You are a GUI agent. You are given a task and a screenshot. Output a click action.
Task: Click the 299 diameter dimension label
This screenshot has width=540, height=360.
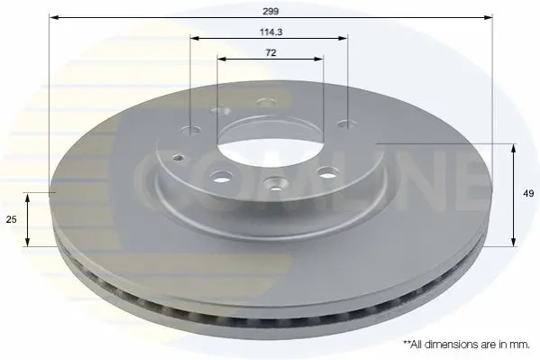(x=270, y=12)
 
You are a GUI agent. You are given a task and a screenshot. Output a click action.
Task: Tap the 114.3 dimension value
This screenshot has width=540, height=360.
(x=271, y=32)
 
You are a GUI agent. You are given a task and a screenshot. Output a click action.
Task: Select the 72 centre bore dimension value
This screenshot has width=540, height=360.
(x=271, y=52)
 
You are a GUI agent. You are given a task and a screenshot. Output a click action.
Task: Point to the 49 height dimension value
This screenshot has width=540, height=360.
(x=528, y=193)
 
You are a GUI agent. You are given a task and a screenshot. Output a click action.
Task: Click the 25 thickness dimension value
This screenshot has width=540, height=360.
(x=12, y=219)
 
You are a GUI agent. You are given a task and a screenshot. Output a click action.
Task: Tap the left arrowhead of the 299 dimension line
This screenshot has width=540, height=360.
(x=55, y=17)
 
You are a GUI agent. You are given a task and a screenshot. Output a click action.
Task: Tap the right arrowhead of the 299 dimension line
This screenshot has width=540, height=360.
(x=488, y=17)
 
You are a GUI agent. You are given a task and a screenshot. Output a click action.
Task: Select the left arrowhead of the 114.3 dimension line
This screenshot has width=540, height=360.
(x=196, y=38)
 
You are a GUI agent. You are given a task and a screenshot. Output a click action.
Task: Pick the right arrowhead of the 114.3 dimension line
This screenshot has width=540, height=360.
(x=343, y=38)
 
